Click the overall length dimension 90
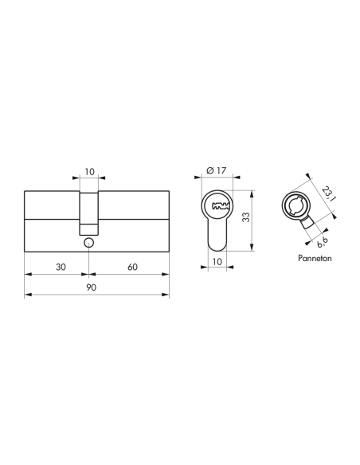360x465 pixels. click(x=90, y=288)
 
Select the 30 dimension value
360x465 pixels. click(x=61, y=266)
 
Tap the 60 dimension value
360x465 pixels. click(x=132, y=266)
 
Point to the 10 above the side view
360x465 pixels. click(x=89, y=170)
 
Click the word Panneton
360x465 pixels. click(x=309, y=260)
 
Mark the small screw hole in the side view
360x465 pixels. click(x=90, y=242)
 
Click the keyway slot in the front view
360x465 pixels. click(x=217, y=207)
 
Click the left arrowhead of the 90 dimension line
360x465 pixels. click(x=29, y=295)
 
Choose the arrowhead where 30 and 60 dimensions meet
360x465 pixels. click(x=90, y=274)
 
